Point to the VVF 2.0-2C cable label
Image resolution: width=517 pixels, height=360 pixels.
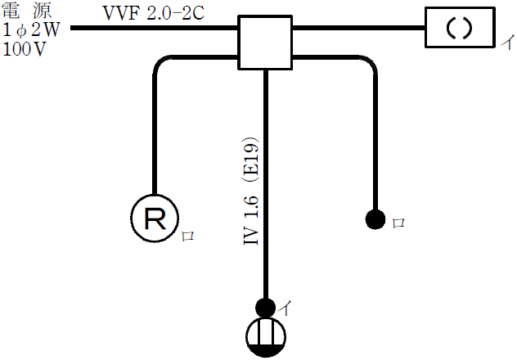pyautogui.click(x=148, y=14)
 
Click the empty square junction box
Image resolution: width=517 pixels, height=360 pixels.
pyautogui.click(x=266, y=42)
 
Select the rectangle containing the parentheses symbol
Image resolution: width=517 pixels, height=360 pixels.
pyautogui.click(x=459, y=29)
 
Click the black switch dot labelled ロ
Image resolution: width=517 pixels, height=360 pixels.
pyautogui.click(x=375, y=219)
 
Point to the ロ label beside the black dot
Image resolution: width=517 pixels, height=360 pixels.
pyautogui.click(x=399, y=222)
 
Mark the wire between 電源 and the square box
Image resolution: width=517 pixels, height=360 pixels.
pyautogui.click(x=155, y=29)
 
